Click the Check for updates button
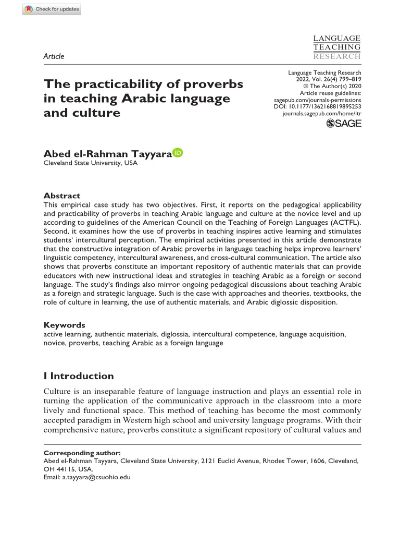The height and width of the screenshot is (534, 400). [52, 9]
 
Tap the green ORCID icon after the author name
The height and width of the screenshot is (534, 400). [178, 153]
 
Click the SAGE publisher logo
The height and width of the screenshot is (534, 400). [343, 123]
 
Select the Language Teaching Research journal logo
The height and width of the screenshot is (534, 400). [336, 47]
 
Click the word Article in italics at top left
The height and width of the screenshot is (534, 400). [54, 56]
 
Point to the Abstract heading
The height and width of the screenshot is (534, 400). [62, 196]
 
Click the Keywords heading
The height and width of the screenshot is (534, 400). [64, 325]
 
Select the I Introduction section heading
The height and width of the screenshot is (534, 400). [79, 376]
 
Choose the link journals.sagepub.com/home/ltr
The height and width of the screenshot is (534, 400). [321, 113]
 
